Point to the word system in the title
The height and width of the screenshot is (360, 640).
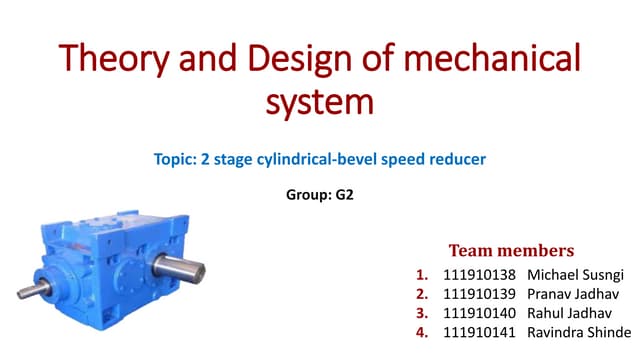[x=320, y=102]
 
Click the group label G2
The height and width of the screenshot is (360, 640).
[x=342, y=195]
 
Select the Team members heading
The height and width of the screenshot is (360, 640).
[x=511, y=249]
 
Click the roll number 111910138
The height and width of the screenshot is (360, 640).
[x=478, y=274]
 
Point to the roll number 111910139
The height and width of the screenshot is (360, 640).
[x=478, y=293]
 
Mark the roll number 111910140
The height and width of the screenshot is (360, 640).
[x=478, y=312]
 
